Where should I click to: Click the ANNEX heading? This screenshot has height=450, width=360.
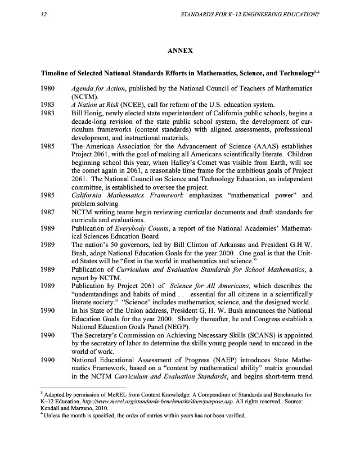(x=181, y=51)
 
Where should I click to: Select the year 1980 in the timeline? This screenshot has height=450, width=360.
(x=49, y=89)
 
